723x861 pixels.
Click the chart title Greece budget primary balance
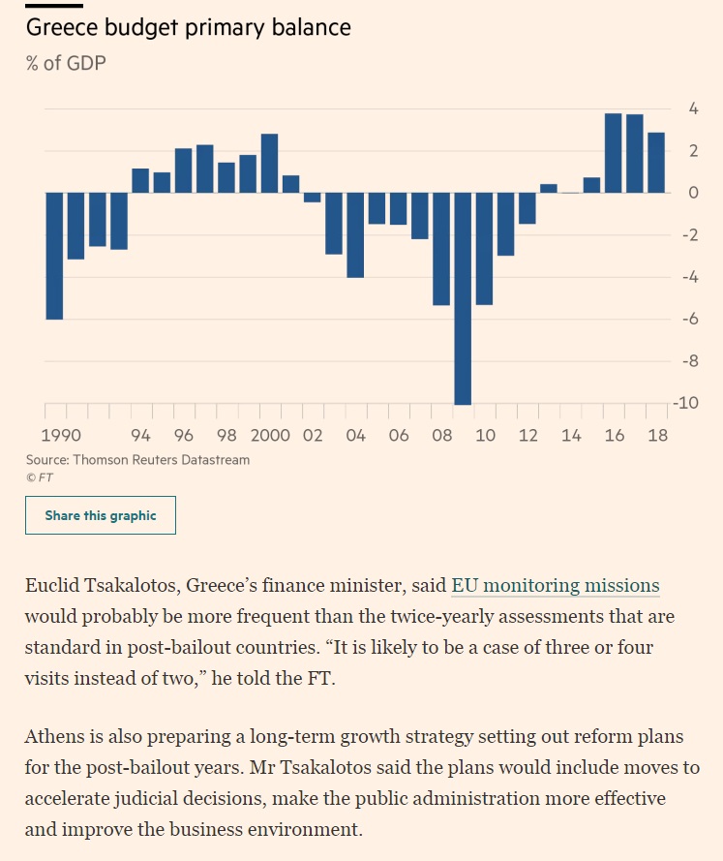click(x=188, y=27)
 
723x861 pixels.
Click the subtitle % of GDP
click(x=66, y=63)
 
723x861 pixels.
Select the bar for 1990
click(x=54, y=256)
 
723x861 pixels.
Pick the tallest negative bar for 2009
click(x=463, y=298)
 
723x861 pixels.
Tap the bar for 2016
click(x=613, y=153)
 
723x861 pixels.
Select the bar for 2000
click(x=269, y=164)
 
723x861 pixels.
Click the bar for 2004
click(x=355, y=234)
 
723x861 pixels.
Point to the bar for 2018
click(x=656, y=163)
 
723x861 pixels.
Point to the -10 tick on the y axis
click(x=686, y=403)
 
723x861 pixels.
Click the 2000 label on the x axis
click(x=270, y=436)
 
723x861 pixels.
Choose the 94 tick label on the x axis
click(x=140, y=436)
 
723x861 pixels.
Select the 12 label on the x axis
click(x=527, y=436)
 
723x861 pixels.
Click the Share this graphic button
click(x=101, y=515)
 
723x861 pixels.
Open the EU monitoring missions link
click(x=556, y=585)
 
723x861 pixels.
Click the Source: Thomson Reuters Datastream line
click(x=137, y=460)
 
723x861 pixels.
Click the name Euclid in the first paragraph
click(x=52, y=585)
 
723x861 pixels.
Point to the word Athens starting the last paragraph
click(x=52, y=736)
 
